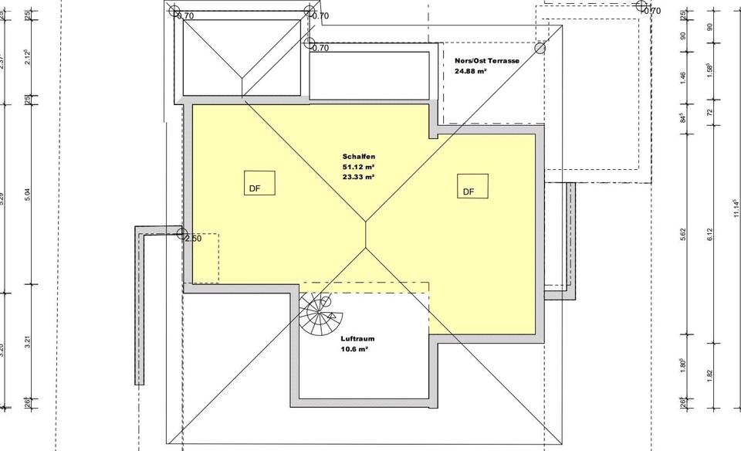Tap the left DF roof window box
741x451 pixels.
pos(259,183)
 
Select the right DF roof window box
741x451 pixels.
pos(472,185)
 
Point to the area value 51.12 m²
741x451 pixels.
pos(358,166)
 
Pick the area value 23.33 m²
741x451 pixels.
pos(358,176)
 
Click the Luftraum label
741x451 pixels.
pos(357,338)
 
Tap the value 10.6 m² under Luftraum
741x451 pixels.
pos(354,349)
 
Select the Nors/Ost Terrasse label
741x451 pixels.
pos(487,60)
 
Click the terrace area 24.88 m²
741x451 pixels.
pos(471,71)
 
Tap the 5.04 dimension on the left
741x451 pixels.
pos(28,195)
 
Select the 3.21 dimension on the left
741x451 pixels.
pos(28,342)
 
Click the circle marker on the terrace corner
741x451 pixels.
pos(540,48)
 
